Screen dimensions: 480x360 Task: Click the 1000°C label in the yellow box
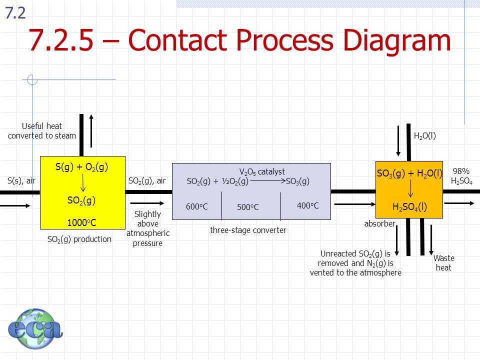point(81,222)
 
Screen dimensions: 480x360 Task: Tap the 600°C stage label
point(197,206)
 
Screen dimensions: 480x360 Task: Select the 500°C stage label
point(248,207)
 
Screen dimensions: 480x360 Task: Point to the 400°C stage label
point(307,205)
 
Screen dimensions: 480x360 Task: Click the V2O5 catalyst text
point(262,171)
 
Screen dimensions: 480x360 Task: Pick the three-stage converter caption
point(248,230)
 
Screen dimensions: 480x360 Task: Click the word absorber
point(379,224)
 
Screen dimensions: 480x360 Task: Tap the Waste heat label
point(443,262)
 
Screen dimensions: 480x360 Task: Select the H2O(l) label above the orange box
point(425,135)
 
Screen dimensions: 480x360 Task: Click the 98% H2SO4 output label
point(461,176)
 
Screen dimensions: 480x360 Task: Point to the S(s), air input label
point(21,180)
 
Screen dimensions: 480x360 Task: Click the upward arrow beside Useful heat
point(91,131)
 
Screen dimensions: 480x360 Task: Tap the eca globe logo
point(35,328)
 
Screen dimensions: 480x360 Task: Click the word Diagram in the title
point(396,40)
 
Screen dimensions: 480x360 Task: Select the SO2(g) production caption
point(79,239)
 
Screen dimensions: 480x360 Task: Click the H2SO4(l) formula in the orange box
point(409,207)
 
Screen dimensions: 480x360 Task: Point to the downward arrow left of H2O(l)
point(398,141)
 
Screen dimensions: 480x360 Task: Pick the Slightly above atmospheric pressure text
point(148,228)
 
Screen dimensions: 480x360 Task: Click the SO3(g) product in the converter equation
point(297,181)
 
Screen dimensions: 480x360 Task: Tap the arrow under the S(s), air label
point(15,205)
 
